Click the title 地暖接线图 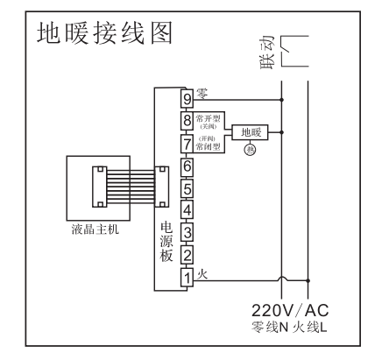tap(103, 35)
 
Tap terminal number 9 tap(187, 95)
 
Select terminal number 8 tap(187, 119)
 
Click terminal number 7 tap(187, 142)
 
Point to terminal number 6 tap(187, 165)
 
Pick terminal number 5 tap(187, 187)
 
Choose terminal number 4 tap(187, 210)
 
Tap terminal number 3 tap(187, 233)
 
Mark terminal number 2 tap(187, 255)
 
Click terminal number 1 tap(187, 278)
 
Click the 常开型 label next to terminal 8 tap(210, 116)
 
